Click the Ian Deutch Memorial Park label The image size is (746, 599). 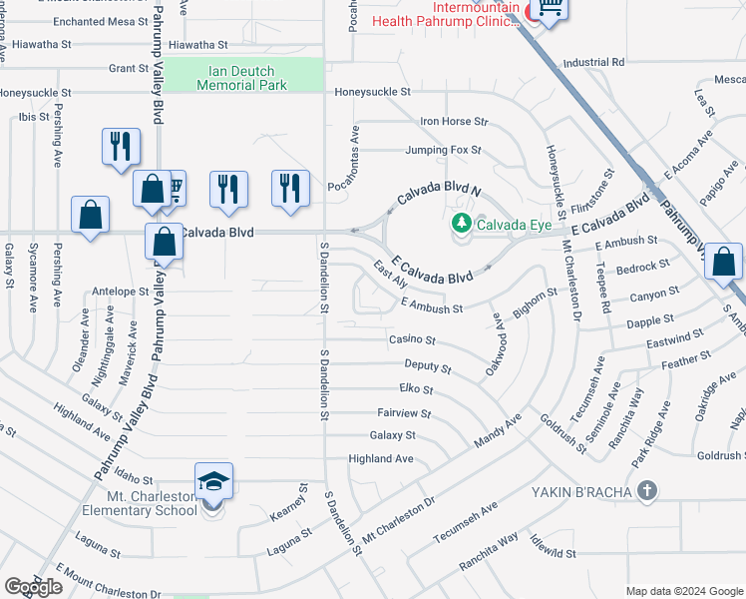(242, 78)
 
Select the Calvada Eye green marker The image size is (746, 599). (461, 224)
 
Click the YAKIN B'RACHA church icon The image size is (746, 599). (648, 489)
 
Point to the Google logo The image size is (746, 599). (33, 587)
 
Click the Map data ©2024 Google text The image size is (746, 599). (684, 591)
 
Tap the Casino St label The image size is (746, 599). (413, 340)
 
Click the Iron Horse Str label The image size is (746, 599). (454, 122)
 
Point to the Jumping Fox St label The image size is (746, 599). (443, 150)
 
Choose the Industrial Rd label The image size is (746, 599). (593, 62)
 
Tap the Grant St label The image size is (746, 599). (129, 68)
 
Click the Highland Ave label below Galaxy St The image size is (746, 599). (380, 458)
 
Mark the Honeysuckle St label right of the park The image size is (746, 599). (371, 91)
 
